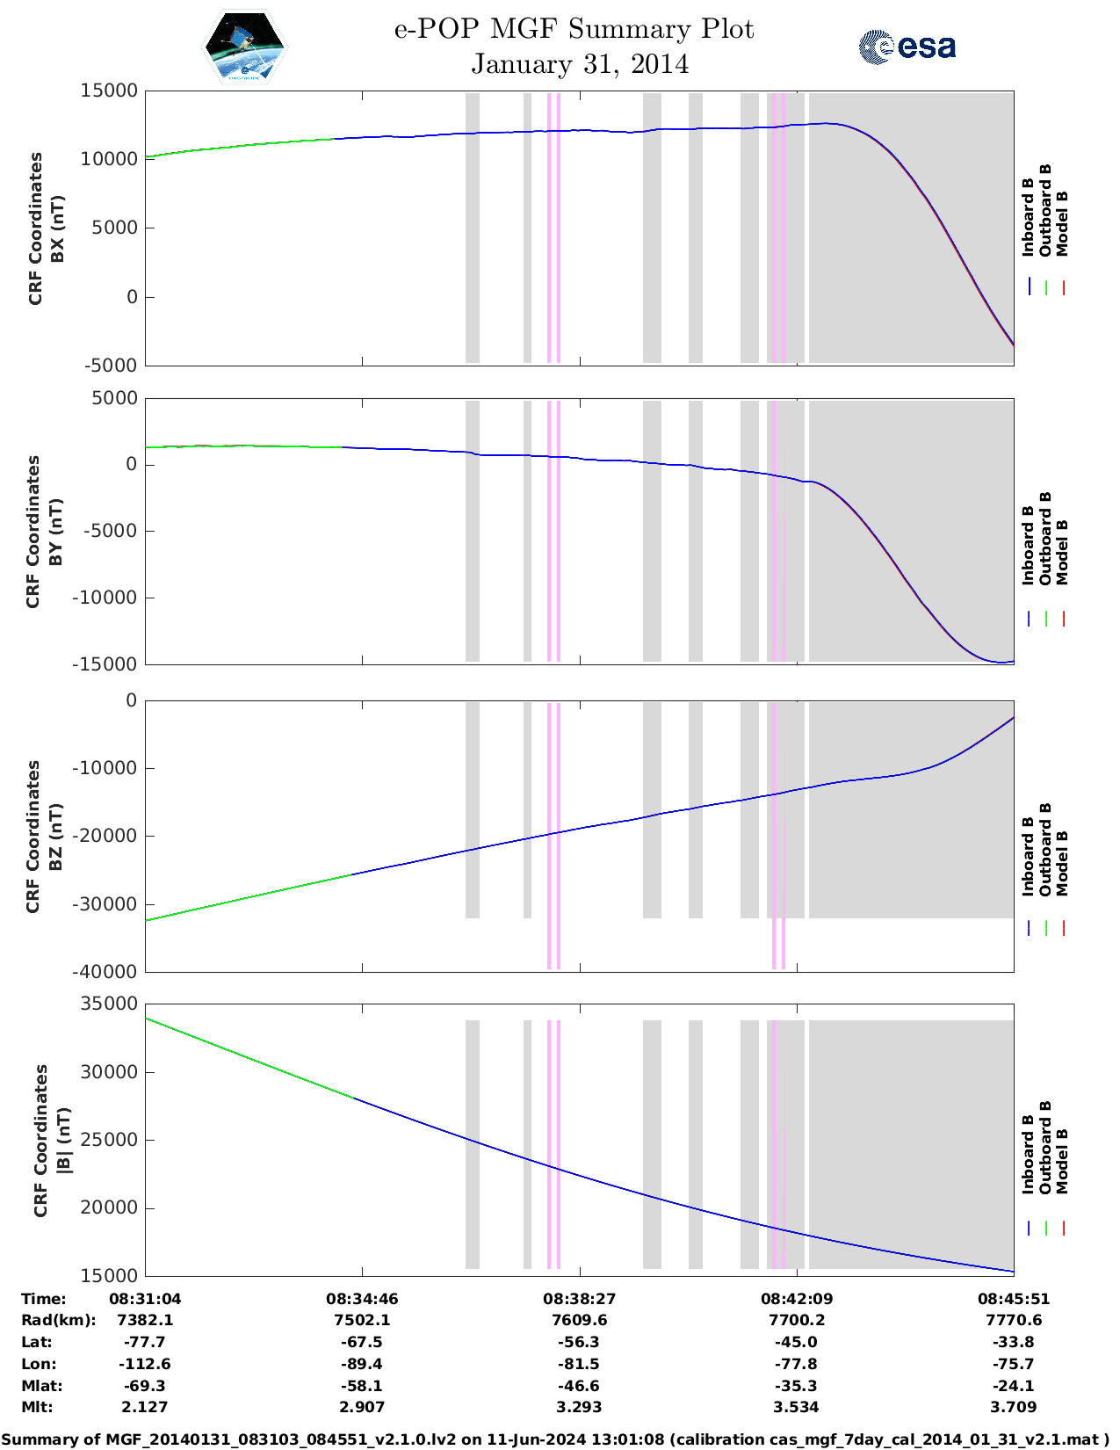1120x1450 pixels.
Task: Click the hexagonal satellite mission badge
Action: point(245,47)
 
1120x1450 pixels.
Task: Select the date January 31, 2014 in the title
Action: point(580,64)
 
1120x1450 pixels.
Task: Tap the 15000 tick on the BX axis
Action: point(109,91)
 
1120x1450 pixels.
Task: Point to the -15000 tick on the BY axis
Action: point(109,664)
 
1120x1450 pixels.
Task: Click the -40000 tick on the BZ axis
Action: point(109,972)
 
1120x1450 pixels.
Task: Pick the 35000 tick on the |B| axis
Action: point(109,1004)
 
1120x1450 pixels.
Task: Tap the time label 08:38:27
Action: point(579,1298)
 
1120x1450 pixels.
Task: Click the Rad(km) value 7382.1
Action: point(145,1320)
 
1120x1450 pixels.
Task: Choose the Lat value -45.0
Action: point(797,1342)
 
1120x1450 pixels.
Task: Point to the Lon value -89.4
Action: point(362,1364)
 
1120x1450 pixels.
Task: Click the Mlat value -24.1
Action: point(1014,1386)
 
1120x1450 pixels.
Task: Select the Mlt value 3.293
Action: point(579,1407)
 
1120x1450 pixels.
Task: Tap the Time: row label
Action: point(43,1298)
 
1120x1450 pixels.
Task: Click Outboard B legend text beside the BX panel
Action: point(1045,211)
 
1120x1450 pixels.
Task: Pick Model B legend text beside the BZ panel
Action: point(1062,863)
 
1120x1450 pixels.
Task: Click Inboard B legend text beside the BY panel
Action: point(1029,545)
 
